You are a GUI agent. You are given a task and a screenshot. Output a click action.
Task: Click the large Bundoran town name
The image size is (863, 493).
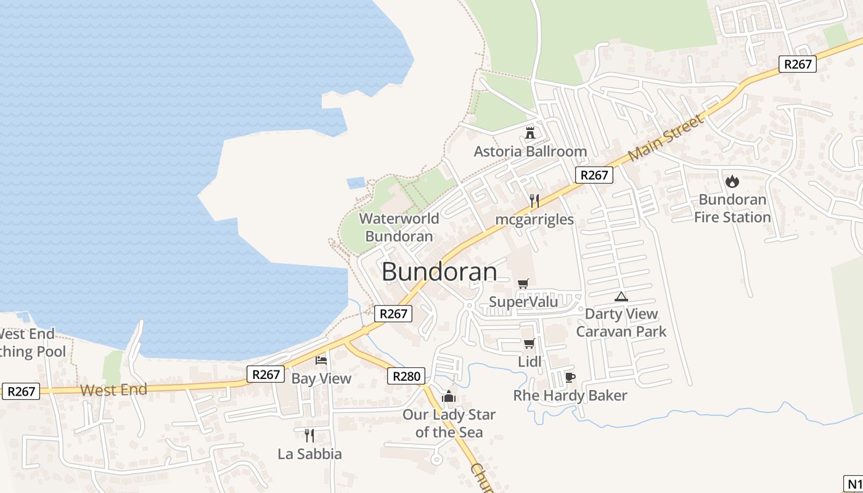point(440,272)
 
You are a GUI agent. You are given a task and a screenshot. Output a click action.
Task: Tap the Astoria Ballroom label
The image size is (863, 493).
point(530,152)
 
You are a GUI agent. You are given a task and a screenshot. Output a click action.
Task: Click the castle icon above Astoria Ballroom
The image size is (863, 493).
point(530,132)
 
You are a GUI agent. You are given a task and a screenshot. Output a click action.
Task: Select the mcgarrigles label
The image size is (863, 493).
point(534,219)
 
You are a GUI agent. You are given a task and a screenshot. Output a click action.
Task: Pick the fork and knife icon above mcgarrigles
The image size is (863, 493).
point(534,201)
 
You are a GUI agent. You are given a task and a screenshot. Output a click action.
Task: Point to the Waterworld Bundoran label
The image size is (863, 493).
point(399,227)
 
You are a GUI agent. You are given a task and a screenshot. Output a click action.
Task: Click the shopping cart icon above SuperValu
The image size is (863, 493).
point(523,283)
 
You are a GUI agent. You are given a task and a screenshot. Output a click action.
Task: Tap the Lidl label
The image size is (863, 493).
point(530,362)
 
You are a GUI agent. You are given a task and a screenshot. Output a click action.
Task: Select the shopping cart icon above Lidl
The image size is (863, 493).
point(529,343)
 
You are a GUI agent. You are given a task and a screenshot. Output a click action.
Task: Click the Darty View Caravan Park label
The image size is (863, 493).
point(621,322)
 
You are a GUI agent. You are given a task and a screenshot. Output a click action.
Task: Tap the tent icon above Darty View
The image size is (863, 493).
point(621,296)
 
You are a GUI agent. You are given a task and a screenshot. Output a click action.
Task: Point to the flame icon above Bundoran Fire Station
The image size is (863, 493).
point(732,181)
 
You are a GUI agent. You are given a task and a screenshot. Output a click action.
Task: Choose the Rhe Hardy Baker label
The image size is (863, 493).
point(570,396)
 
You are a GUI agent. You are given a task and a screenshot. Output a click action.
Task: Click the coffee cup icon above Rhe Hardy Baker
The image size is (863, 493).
point(570,377)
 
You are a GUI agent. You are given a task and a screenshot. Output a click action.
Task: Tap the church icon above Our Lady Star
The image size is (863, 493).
point(449,396)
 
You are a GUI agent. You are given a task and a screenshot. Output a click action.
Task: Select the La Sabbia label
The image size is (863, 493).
point(309,454)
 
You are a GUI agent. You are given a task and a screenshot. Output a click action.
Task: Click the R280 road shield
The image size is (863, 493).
point(406,376)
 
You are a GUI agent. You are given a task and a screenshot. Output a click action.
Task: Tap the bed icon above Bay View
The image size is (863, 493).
point(321,360)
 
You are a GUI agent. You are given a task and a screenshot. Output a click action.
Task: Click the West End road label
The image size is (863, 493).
point(114,389)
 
